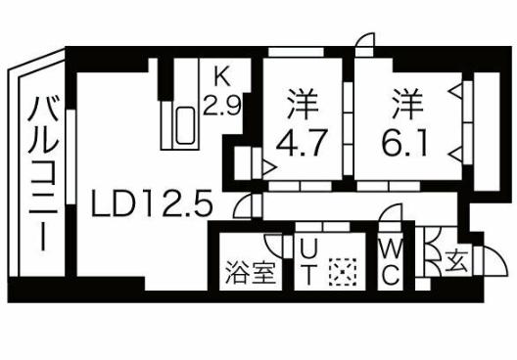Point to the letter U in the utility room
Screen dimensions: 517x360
[306, 250]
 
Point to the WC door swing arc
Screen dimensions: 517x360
[393, 218]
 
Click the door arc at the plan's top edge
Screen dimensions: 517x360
[363, 41]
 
